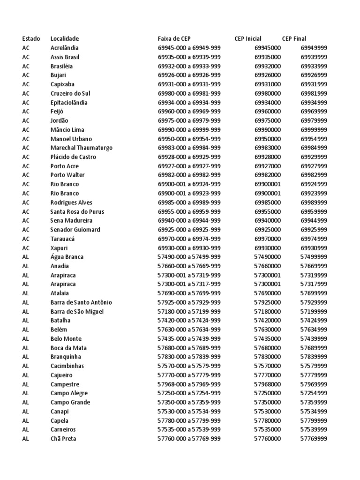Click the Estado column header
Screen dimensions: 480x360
31,38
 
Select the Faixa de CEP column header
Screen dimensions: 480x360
174,38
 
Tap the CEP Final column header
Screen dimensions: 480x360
294,38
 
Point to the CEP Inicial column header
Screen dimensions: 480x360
248,38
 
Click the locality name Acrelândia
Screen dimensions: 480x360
65,48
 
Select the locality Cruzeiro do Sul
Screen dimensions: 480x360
70,93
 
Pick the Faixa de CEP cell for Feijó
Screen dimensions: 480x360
189,112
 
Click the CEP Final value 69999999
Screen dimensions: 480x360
314,130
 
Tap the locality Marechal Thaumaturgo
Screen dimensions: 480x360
82,148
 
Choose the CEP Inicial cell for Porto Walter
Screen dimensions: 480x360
268,175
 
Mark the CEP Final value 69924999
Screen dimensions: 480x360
314,184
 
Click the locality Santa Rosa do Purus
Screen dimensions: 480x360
77,211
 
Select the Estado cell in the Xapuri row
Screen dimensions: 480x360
26,248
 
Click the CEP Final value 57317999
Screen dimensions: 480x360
314,284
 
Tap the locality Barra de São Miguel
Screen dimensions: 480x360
77,311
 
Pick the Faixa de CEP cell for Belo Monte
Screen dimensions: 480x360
189,338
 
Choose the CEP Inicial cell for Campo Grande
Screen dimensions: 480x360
268,402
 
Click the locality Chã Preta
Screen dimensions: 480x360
63,439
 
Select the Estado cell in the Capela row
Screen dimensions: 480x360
25,420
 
